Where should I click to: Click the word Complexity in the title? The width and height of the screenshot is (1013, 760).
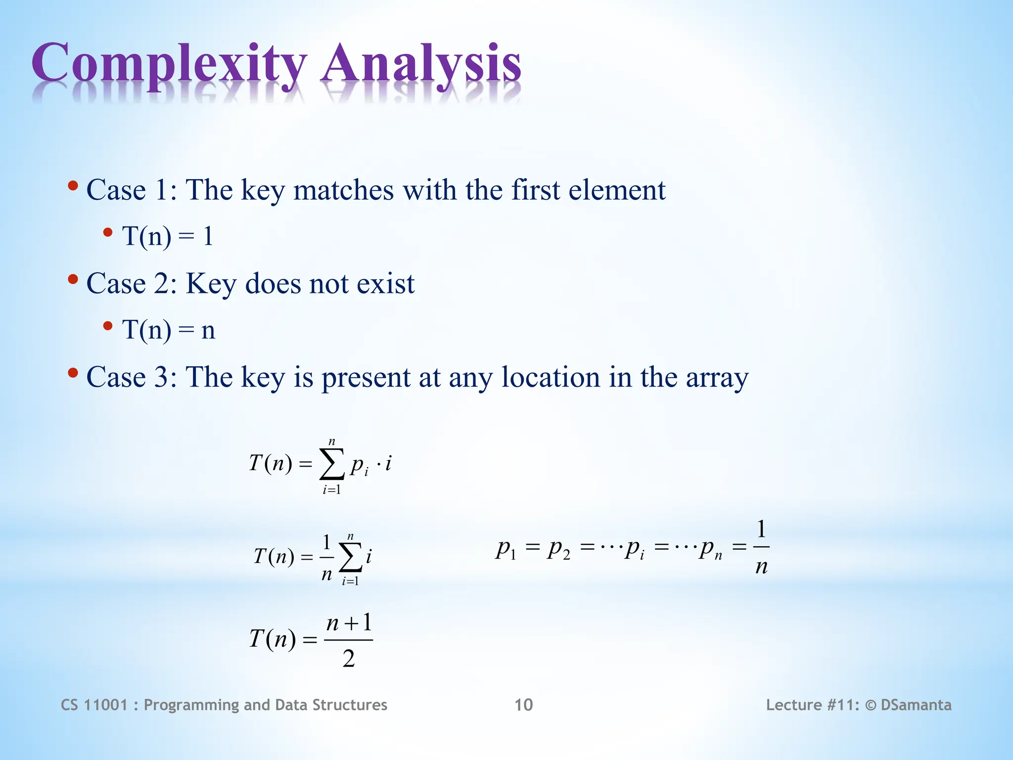click(168, 64)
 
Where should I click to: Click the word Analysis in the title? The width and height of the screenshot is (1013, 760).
click(421, 64)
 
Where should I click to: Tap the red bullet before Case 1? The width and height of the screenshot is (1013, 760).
click(73, 187)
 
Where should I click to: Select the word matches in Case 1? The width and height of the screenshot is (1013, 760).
click(344, 190)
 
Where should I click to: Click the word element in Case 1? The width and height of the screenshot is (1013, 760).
click(617, 190)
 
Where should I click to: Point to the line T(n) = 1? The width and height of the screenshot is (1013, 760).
click(167, 236)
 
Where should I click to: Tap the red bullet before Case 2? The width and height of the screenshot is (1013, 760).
click(73, 280)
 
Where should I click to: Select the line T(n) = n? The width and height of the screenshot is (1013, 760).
click(168, 330)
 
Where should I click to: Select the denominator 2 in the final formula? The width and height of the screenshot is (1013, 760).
click(349, 659)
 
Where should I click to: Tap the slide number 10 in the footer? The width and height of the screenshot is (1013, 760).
click(523, 705)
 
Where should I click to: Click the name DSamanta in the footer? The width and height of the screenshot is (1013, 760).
click(916, 705)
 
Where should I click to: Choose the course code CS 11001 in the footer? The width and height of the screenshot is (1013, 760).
click(94, 705)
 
